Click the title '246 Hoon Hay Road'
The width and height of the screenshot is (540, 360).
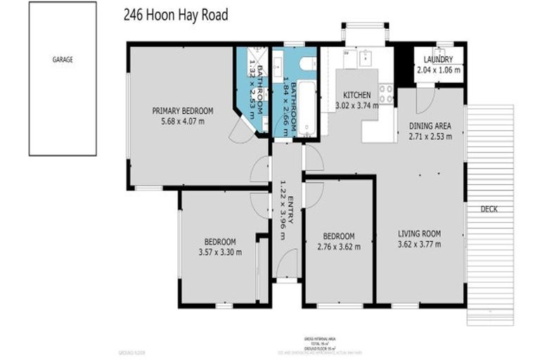tap(176, 15)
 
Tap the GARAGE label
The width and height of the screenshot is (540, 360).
tap(63, 60)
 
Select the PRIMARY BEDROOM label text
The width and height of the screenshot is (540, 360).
tap(183, 110)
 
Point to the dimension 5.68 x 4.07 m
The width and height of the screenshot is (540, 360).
tap(183, 121)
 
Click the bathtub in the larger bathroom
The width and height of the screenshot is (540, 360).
tap(307, 113)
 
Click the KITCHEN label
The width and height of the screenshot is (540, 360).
tap(356, 95)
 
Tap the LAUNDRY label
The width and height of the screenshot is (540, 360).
tap(438, 60)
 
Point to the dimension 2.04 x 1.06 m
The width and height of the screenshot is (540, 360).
tap(438, 70)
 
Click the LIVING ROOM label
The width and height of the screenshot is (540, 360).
tap(419, 234)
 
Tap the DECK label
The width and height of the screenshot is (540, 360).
tap(489, 209)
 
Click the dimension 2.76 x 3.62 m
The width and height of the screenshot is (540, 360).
tap(338, 246)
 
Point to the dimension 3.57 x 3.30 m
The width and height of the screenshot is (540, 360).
tap(219, 252)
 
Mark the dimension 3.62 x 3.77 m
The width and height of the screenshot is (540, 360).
tap(419, 245)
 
